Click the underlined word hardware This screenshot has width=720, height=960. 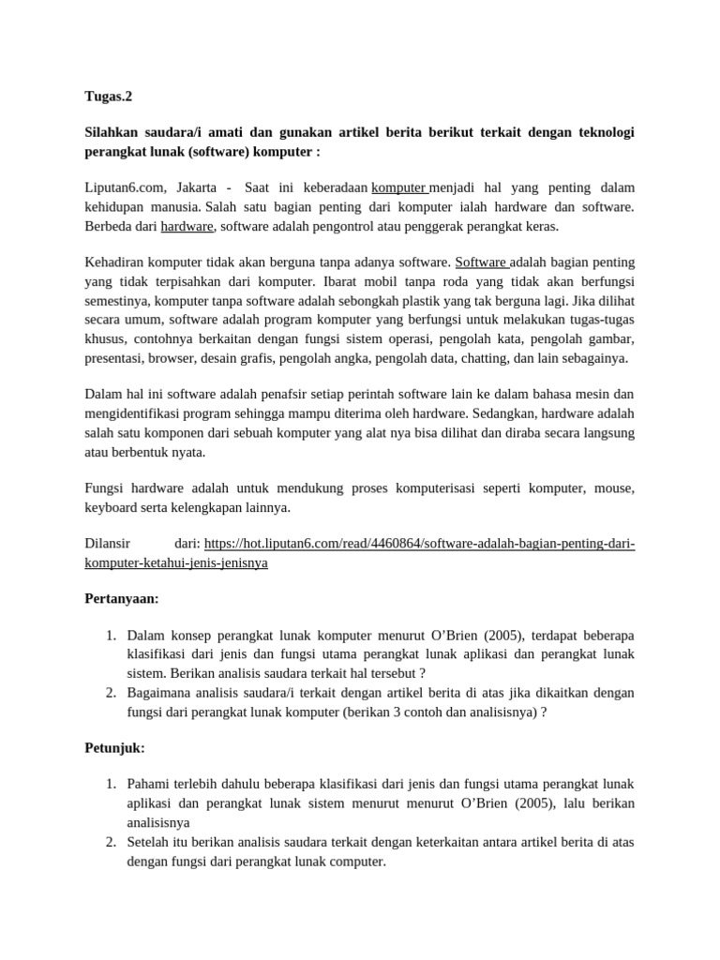click(187, 226)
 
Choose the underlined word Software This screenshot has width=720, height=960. click(481, 262)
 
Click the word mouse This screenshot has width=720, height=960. click(613, 488)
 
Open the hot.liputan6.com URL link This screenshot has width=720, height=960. click(419, 544)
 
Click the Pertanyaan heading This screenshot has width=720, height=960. click(122, 598)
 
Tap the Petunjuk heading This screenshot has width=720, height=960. click(115, 748)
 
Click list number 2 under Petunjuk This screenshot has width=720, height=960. click(110, 841)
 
